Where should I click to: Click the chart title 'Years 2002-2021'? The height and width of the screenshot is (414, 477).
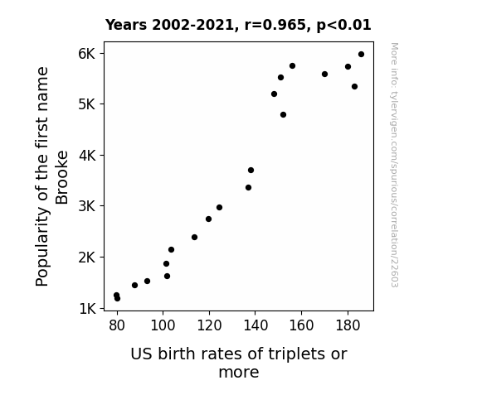(x=170, y=25)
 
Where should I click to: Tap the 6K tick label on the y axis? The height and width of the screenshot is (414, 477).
(x=87, y=54)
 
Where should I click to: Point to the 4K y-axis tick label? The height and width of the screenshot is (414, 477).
(x=87, y=156)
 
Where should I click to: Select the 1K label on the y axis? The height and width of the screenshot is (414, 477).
(x=87, y=309)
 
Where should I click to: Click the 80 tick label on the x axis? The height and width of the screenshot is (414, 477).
(x=117, y=325)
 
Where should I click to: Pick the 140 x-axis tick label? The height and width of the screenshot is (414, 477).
(x=256, y=325)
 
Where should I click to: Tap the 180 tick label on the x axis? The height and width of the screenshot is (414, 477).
(x=348, y=325)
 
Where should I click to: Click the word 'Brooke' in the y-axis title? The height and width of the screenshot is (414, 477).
(x=61, y=177)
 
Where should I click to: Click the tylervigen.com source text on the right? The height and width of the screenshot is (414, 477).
(x=395, y=165)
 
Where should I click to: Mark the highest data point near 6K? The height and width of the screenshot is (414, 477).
(x=361, y=55)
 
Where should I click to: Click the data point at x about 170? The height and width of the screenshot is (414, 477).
(x=324, y=75)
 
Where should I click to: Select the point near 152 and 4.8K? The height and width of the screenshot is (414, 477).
(x=283, y=115)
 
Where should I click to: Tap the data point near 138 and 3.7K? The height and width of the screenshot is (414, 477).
(x=251, y=170)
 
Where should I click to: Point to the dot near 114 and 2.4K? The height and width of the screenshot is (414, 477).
(x=194, y=238)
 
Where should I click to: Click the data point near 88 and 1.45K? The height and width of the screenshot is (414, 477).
(x=134, y=285)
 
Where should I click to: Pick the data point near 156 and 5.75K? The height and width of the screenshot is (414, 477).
(x=292, y=66)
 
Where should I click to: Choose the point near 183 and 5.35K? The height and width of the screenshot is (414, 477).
(x=354, y=87)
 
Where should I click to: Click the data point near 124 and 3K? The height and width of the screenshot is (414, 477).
(x=219, y=208)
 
